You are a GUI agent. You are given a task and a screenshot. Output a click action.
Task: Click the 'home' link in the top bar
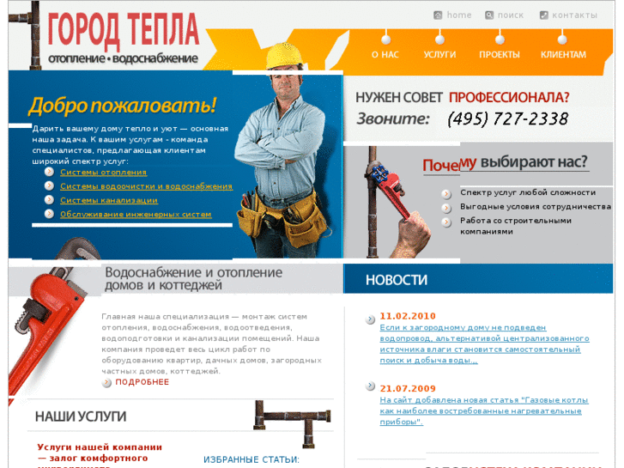(458, 15)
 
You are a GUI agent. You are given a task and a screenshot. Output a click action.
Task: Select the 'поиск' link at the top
(510, 15)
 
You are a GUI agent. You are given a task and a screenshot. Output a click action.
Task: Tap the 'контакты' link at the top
(573, 15)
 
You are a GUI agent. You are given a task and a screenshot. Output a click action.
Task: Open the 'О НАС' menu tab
(385, 54)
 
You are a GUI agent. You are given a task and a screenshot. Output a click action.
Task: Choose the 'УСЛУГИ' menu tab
(439, 54)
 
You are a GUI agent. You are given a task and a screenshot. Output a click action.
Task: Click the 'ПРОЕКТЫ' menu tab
(500, 54)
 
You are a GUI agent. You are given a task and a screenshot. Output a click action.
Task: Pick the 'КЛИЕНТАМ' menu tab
(563, 54)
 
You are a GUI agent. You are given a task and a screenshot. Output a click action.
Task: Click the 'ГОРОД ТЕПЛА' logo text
(123, 31)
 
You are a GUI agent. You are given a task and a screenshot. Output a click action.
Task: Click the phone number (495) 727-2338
(507, 119)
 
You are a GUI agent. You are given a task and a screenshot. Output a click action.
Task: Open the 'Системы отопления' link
(103, 173)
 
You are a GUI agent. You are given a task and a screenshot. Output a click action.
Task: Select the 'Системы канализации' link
(108, 200)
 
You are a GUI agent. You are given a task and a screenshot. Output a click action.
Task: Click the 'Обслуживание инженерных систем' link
(136, 214)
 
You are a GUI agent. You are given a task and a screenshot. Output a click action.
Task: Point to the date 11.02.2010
(408, 316)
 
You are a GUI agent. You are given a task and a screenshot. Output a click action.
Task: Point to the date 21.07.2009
(408, 388)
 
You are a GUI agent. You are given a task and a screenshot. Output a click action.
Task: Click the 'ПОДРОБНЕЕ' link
(142, 382)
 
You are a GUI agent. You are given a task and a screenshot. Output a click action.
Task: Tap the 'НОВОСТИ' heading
(396, 280)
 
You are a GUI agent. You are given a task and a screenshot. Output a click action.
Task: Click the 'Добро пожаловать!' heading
(122, 106)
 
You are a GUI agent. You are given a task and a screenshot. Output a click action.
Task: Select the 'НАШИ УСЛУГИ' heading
(81, 416)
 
